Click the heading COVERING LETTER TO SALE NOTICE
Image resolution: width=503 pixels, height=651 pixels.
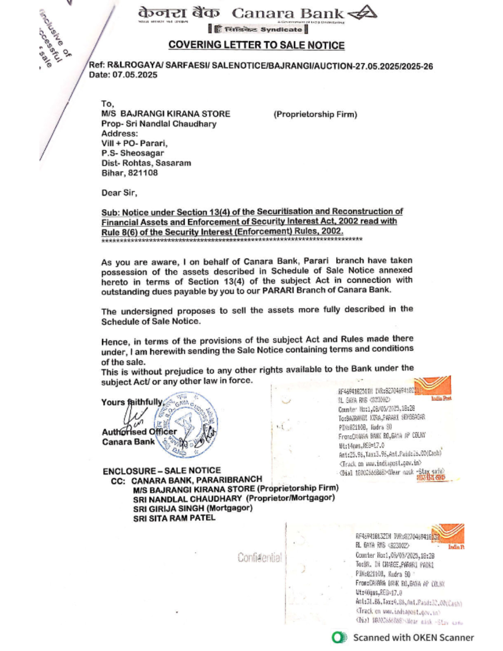[x=256, y=45]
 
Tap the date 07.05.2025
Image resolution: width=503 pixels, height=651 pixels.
[x=135, y=75]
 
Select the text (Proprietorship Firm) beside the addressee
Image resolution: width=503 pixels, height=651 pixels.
[x=315, y=114]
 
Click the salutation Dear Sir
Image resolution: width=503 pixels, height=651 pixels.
[x=119, y=193]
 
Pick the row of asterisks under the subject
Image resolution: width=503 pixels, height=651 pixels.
[x=232, y=239]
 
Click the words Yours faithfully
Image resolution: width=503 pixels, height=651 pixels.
[x=132, y=402]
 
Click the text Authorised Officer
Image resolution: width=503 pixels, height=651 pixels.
[x=139, y=432]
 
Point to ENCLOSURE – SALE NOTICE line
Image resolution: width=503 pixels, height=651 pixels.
[x=161, y=471]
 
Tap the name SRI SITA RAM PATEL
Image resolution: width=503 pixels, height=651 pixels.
[x=174, y=518]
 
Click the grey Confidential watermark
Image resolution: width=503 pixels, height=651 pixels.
[x=260, y=557]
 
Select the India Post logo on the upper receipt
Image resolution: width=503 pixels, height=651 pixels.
[x=437, y=387]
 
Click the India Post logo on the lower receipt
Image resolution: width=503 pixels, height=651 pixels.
[x=450, y=535]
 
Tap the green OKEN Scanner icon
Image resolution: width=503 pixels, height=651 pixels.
[x=339, y=637]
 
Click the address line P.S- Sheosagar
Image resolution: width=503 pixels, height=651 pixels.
[x=132, y=153]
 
